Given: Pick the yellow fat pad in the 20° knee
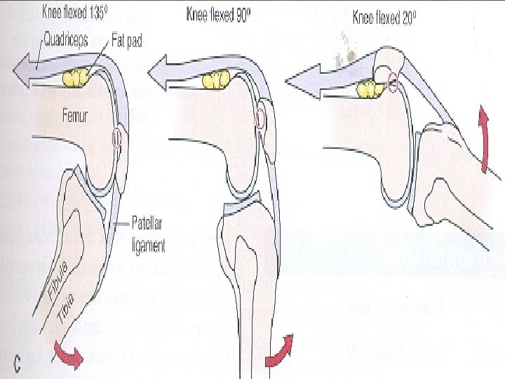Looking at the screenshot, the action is [368, 88].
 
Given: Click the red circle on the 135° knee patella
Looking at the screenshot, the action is [116, 138].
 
